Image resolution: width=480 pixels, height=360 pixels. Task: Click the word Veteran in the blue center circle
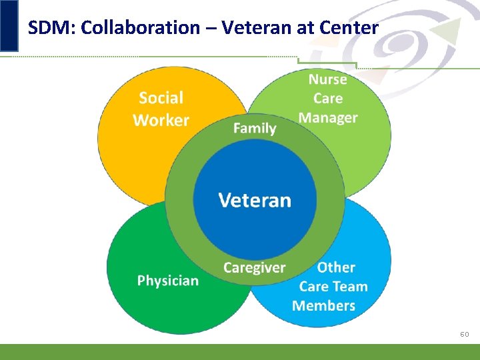[255, 200]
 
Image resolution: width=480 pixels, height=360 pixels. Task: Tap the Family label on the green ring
[255, 128]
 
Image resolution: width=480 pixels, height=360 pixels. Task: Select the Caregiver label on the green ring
[254, 268]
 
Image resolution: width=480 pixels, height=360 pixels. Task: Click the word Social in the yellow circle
[161, 98]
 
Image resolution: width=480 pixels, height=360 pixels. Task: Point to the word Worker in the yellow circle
[161, 121]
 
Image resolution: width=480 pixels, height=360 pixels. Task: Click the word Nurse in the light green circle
[327, 79]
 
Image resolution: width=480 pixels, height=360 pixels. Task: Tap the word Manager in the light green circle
[327, 118]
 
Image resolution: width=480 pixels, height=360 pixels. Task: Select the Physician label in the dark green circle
[168, 281]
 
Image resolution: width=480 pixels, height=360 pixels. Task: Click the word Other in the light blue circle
[336, 267]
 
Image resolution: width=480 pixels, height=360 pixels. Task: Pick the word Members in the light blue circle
[323, 306]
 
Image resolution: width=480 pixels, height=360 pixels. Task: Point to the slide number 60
[465, 334]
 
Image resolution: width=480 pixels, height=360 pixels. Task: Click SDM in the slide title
[45, 28]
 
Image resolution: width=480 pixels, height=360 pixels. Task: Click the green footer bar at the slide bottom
[240, 352]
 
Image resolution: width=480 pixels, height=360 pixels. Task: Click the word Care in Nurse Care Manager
[328, 99]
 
